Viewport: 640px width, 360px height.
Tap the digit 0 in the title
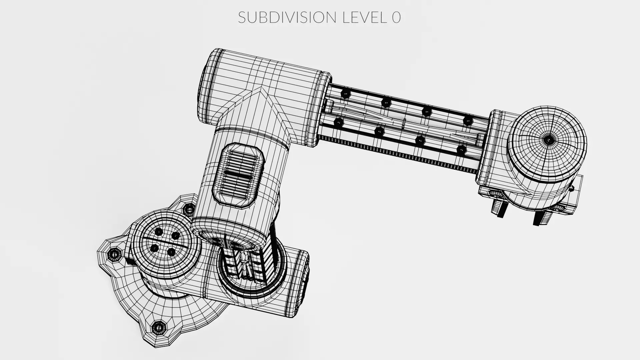396,17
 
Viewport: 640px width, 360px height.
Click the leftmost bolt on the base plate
114,255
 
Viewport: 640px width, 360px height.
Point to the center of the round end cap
548,139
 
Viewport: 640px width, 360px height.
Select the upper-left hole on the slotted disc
159,232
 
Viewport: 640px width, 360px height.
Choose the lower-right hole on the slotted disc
171,252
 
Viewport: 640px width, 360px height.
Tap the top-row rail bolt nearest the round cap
468,120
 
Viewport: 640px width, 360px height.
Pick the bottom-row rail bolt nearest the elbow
338,123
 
